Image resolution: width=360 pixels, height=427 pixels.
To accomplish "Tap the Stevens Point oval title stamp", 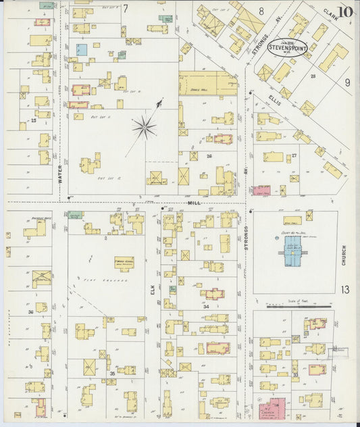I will tap(288, 47).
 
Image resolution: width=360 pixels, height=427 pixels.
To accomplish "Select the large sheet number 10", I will tap(345, 11).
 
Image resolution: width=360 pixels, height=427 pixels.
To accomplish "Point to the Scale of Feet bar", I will tap(299, 306).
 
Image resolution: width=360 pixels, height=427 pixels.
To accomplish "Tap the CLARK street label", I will tap(330, 14).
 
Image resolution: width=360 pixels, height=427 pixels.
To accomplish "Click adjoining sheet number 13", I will tap(345, 290).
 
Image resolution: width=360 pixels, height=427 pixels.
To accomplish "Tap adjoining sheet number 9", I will tap(347, 82).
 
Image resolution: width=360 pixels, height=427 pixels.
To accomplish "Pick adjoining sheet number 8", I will tap(261, 11).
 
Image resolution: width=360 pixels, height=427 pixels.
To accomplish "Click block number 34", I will tap(206, 307).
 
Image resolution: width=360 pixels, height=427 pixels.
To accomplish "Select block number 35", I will tap(111, 373).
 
